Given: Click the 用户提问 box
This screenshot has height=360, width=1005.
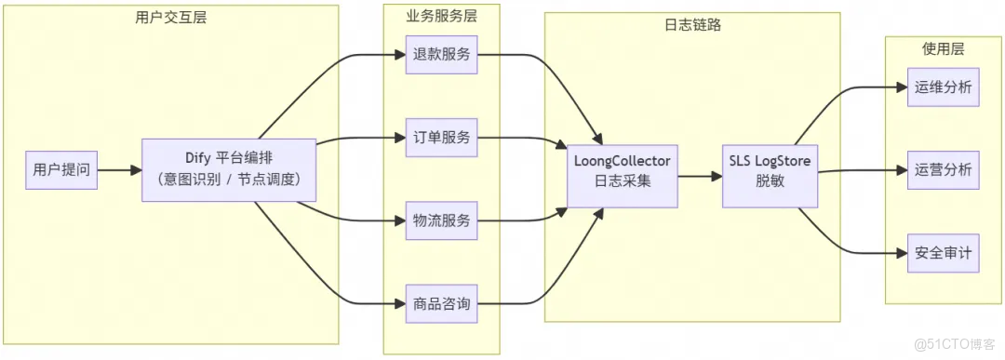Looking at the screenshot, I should point(61,170).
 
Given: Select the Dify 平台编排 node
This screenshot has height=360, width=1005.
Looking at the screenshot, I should point(229,169).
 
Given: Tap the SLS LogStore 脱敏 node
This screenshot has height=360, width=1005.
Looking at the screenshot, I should point(770,170).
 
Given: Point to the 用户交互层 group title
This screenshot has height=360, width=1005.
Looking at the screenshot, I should point(171,17).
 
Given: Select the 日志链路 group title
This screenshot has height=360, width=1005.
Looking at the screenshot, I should point(692,24).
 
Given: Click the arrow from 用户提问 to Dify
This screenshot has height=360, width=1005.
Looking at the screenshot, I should point(119,170).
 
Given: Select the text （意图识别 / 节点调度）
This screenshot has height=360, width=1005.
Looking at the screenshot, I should point(229,180).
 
